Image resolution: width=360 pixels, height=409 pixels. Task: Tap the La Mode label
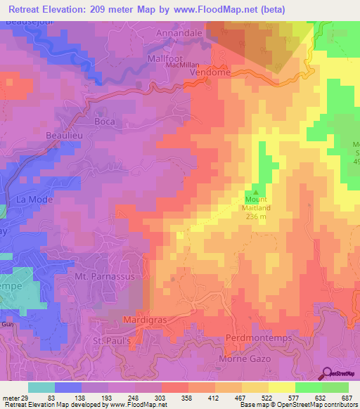(31, 200)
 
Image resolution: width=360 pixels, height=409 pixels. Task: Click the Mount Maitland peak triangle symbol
(256, 191)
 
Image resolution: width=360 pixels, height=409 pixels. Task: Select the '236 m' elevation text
(256, 216)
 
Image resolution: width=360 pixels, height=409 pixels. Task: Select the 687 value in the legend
(347, 398)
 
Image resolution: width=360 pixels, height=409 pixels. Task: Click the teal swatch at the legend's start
(41, 387)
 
